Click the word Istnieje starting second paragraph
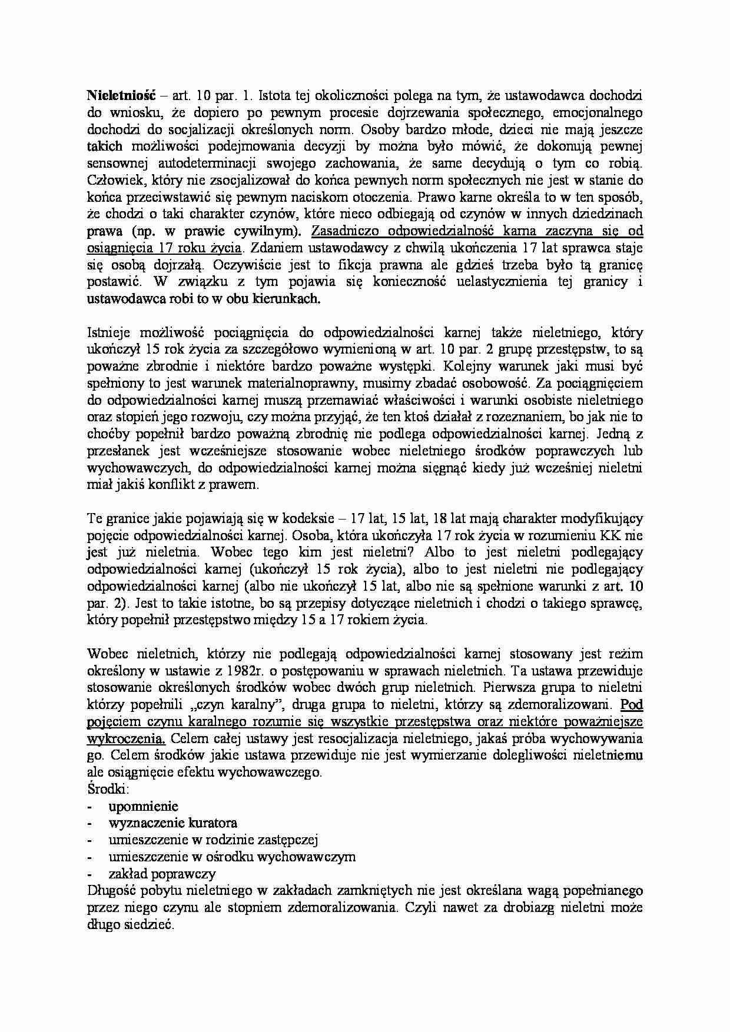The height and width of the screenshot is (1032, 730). (108, 332)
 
